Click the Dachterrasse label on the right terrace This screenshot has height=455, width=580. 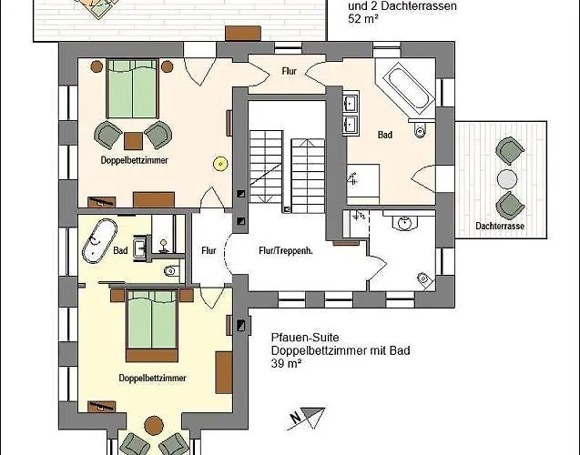click(x=500, y=226)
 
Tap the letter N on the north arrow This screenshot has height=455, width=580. click(x=294, y=420)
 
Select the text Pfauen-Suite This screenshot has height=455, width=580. click(x=299, y=336)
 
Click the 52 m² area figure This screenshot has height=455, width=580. click(x=363, y=18)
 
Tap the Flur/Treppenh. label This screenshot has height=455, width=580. click(x=286, y=250)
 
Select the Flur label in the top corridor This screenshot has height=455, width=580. click(x=288, y=69)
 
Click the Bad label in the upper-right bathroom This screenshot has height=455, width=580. click(x=385, y=135)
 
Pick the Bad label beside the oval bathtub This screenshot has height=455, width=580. click(x=120, y=250)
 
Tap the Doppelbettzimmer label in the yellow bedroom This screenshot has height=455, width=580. click(x=153, y=377)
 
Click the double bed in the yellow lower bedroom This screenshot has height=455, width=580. click(x=151, y=324)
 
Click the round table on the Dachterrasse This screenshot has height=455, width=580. click(x=507, y=177)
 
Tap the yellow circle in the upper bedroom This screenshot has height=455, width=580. click(x=219, y=163)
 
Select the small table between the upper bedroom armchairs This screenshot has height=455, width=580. click(x=134, y=139)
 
